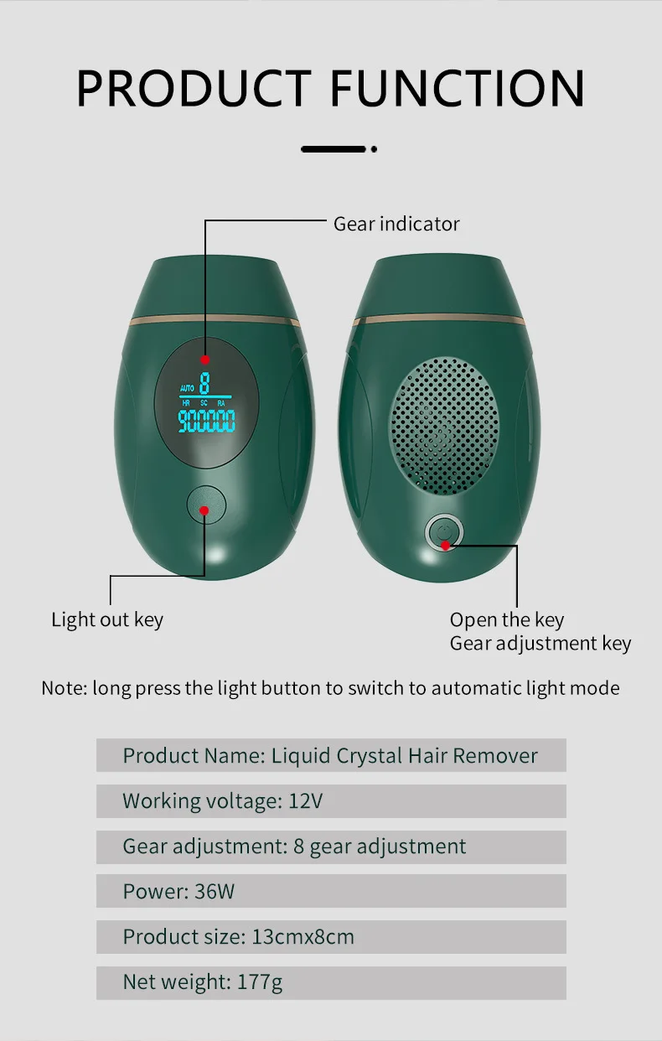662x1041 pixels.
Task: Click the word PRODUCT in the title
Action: (194, 88)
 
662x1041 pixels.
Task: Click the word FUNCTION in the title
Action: (458, 88)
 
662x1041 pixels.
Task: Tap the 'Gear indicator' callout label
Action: (396, 224)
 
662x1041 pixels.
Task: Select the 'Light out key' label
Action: (107, 620)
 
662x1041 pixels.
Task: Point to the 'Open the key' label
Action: (506, 620)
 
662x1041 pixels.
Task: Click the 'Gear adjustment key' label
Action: (540, 644)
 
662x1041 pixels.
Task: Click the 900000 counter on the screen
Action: (207, 421)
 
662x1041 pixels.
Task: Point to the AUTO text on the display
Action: (186, 388)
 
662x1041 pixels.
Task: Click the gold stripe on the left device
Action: (215, 322)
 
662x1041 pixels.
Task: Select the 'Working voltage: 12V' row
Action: (331, 800)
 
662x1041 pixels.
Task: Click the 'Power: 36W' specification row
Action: (331, 891)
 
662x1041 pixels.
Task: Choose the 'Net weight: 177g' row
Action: (331, 981)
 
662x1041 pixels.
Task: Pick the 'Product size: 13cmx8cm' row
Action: (331, 936)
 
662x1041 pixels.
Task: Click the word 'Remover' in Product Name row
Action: (495, 755)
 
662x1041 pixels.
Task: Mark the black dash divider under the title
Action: (334, 149)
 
